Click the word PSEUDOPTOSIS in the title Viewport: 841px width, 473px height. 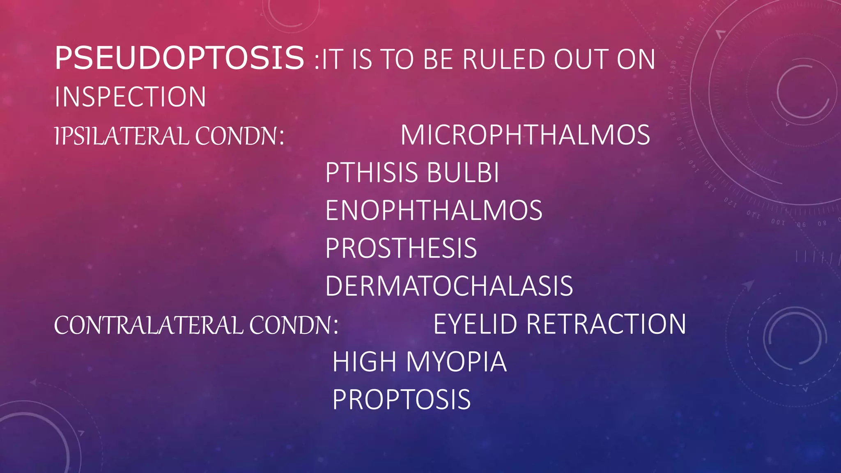point(179,58)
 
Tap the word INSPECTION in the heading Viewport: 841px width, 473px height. point(130,97)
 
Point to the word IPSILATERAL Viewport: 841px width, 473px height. point(122,136)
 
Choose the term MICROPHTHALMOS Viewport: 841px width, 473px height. point(525,135)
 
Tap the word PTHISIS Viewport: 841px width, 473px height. point(372,172)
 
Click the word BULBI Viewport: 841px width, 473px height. point(463,172)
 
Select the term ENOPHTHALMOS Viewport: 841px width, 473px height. point(434,210)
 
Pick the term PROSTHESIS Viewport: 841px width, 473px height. point(401,248)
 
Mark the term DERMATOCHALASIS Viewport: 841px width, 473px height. point(449,286)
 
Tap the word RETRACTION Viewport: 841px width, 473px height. point(606,324)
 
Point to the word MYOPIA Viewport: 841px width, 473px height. point(456,362)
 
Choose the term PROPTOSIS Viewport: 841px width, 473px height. point(401,400)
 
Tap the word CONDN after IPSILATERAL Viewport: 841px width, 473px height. point(239,136)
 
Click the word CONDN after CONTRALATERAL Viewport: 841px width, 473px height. point(294,325)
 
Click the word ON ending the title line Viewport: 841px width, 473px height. point(636,60)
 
